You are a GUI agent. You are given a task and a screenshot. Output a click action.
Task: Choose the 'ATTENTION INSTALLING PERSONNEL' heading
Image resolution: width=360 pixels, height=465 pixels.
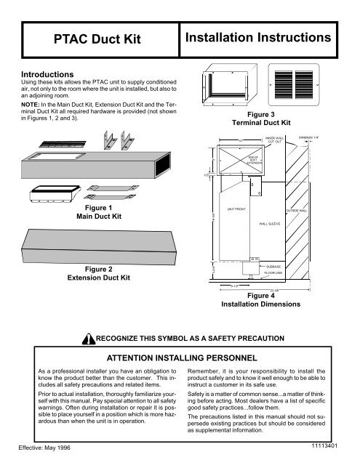180,357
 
